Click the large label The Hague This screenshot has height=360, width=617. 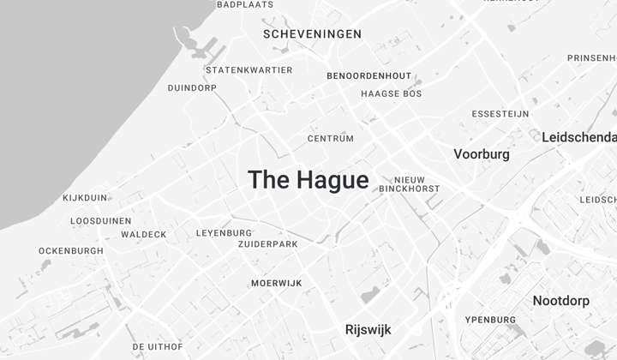(x=308, y=180)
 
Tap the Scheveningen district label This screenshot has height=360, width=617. (x=312, y=34)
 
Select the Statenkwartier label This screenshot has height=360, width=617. (x=249, y=70)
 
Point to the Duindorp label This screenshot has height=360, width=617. (x=192, y=87)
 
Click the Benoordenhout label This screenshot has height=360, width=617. (x=368, y=76)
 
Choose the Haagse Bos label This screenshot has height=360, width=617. (x=391, y=93)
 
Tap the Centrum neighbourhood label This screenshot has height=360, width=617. (x=330, y=138)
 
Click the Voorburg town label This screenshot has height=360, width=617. (x=481, y=154)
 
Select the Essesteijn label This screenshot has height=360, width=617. (x=500, y=114)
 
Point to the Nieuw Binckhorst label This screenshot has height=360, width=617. (x=409, y=184)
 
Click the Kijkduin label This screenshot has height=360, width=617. (x=85, y=198)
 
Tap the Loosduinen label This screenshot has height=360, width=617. (x=100, y=221)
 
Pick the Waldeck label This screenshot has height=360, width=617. (x=143, y=235)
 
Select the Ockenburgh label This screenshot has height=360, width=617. (x=70, y=251)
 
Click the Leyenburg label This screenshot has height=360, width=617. (x=224, y=233)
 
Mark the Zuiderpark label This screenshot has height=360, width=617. (x=267, y=244)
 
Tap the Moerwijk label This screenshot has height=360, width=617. (x=276, y=284)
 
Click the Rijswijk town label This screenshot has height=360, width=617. (x=368, y=329)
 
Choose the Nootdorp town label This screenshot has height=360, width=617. (x=560, y=301)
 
